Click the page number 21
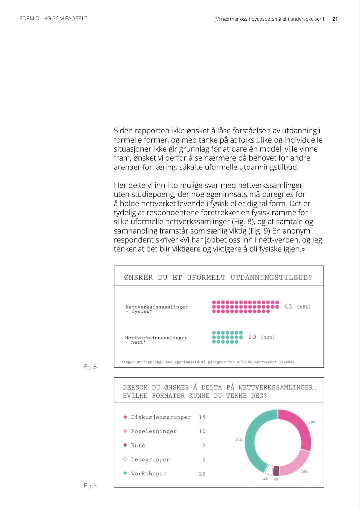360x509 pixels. point(335,19)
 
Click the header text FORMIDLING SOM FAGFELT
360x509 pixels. point(53,19)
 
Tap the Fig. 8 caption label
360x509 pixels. point(90,366)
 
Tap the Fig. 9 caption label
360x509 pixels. point(90,485)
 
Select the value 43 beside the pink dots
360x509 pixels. point(288,306)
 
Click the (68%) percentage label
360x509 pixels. point(304,307)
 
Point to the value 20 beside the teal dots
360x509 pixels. point(252,337)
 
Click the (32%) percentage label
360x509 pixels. point(268,337)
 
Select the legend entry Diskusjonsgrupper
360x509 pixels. point(161,417)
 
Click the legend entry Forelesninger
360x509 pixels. point(154,431)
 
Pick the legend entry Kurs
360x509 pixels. point(138,445)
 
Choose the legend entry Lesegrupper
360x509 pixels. point(150,460)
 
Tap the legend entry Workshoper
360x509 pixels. point(148,474)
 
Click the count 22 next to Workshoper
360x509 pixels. point(202,474)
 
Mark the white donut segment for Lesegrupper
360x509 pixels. point(269,470)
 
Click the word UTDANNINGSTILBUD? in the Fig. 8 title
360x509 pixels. point(271,277)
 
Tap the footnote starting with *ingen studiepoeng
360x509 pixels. point(208,362)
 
